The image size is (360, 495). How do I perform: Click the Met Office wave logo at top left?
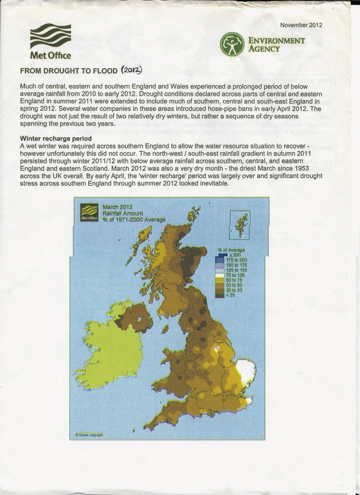[50, 36]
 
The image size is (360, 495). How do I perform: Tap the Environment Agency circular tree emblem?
[232, 44]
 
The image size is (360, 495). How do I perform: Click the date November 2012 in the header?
[301, 25]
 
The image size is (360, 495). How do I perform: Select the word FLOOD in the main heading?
[105, 71]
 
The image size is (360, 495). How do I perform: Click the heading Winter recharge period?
[56, 138]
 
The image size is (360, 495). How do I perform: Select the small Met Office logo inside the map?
[89, 212]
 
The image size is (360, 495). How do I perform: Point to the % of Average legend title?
[231, 250]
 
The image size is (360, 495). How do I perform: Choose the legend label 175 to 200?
[236, 260]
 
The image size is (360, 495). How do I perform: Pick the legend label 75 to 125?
[235, 275]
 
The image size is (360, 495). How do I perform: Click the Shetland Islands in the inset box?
[241, 224]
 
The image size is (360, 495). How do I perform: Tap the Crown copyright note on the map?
[89, 434]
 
